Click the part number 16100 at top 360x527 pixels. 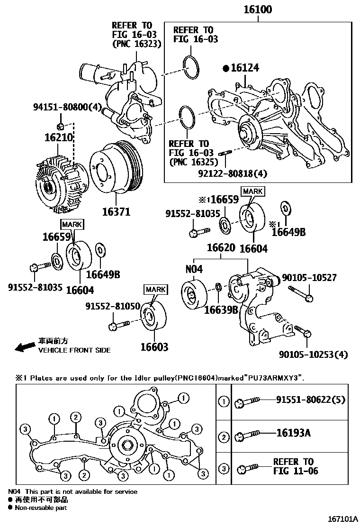click(258, 9)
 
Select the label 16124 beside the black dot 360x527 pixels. click(245, 68)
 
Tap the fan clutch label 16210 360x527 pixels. click(59, 138)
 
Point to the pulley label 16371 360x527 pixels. click(116, 212)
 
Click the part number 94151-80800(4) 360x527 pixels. click(68, 108)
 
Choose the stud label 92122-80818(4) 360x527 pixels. click(233, 173)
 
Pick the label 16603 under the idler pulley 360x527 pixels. click(154, 347)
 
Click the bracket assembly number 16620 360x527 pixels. click(220, 248)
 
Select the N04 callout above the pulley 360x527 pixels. click(194, 269)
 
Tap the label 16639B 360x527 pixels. click(221, 310)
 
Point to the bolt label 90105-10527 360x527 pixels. click(309, 277)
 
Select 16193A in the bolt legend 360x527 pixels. click(294, 433)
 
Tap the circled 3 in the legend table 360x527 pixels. click(224, 469)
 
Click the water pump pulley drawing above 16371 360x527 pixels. click(116, 167)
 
